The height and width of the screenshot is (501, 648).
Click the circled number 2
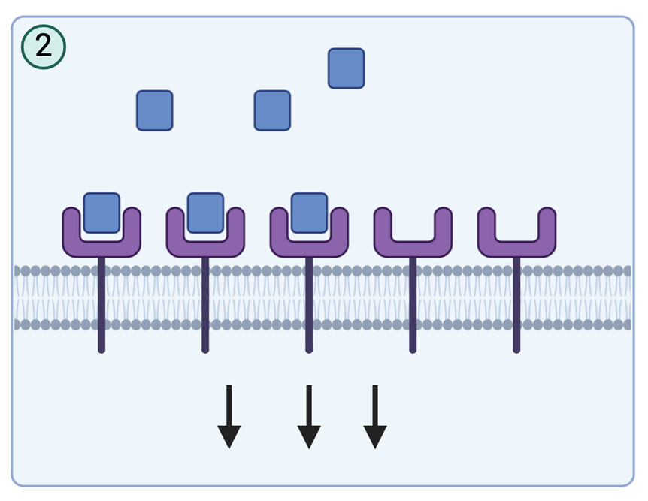pos(44,46)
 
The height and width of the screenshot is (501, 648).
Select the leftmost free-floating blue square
pos(154,110)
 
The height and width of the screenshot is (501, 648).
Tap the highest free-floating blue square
pos(346,68)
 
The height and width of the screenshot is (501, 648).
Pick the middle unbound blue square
pos(272,110)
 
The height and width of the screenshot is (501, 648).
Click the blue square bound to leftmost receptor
pos(101,213)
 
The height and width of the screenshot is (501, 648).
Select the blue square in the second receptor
pos(205,213)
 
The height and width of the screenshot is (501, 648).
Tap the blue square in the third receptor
pos(309,213)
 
